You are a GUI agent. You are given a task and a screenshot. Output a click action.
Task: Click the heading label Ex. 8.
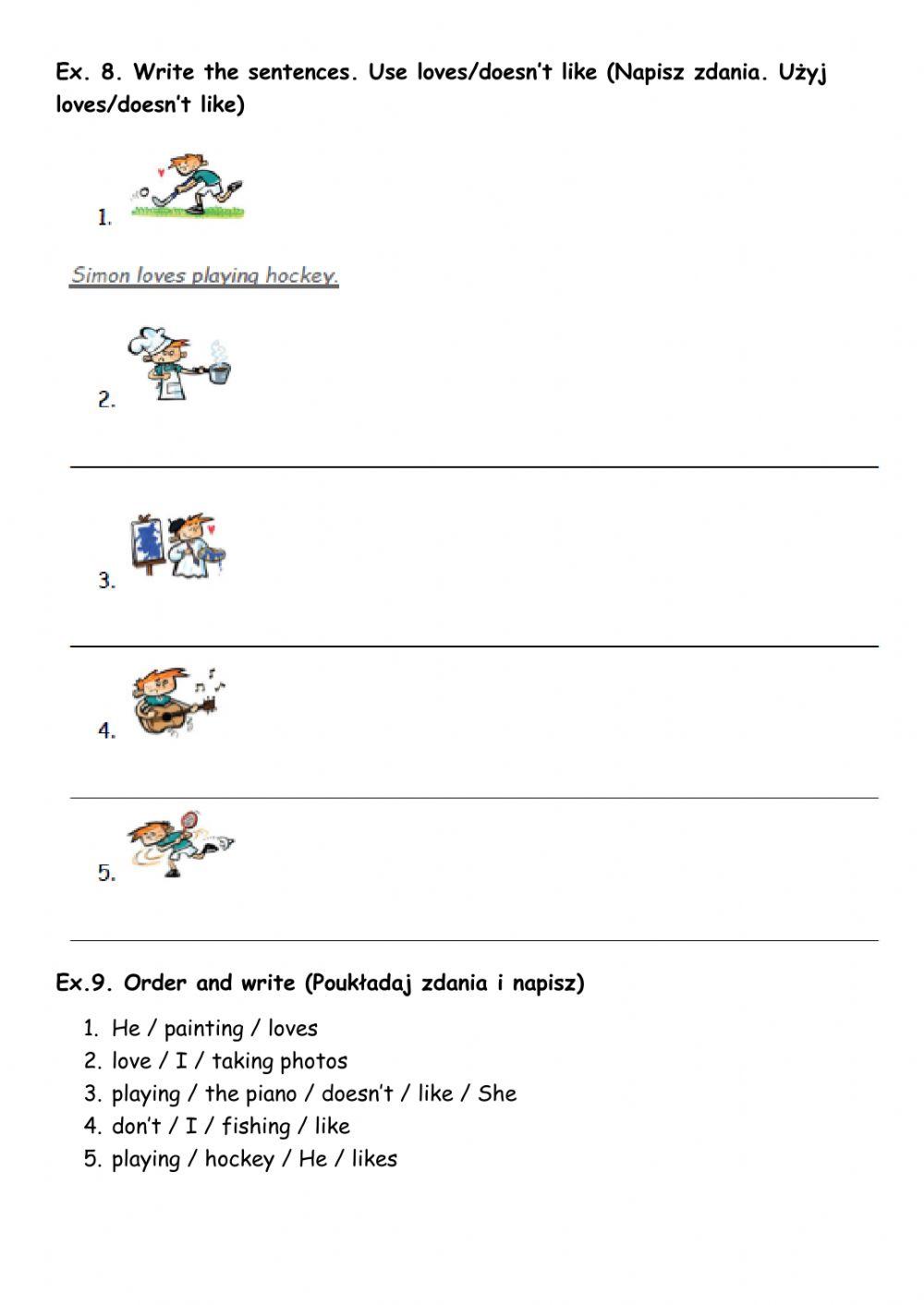89,72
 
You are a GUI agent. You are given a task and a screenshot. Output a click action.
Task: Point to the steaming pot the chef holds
219,371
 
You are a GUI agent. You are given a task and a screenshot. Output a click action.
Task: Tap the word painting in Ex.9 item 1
203,1029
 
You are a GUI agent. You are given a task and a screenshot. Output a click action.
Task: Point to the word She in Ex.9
497,1094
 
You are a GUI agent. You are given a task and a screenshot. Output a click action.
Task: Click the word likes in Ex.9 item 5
374,1159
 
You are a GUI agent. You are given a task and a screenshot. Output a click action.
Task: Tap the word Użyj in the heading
802,73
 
